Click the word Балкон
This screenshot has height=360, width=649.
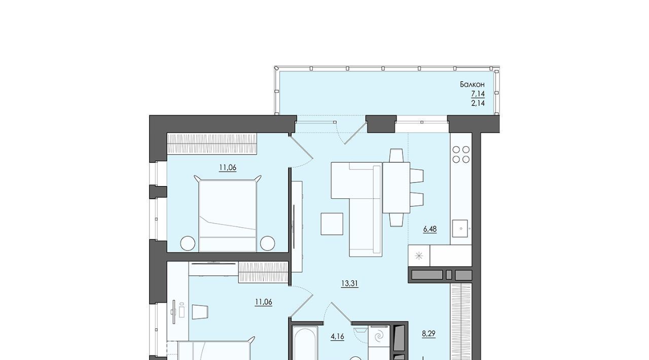(472, 85)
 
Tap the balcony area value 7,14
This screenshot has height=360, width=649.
(478, 94)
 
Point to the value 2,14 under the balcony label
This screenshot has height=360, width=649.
(478, 103)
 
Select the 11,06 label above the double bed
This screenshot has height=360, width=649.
(228, 167)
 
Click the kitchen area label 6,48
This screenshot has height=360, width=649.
(430, 229)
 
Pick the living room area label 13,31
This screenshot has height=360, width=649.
(350, 283)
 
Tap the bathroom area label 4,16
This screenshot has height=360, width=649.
(337, 337)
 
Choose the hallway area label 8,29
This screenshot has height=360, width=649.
(428, 334)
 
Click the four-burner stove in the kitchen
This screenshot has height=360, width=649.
(461, 155)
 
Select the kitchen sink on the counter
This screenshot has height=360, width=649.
(460, 228)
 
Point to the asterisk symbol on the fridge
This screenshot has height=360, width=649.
(419, 256)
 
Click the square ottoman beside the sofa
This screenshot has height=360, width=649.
(332, 224)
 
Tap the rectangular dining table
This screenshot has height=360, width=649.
(396, 188)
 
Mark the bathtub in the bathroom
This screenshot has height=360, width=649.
(305, 343)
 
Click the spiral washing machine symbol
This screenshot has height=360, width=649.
(379, 337)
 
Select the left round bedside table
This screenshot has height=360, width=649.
(188, 243)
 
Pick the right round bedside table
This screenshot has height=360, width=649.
(267, 243)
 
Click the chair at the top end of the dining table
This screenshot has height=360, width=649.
(396, 155)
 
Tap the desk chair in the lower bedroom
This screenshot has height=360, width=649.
(200, 312)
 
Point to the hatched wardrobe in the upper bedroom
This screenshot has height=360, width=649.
(212, 143)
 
